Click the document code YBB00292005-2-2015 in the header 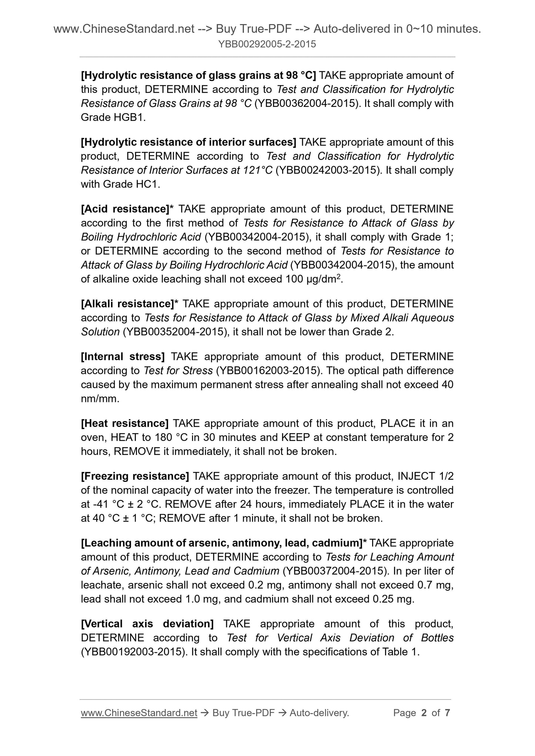pyautogui.click(x=267, y=44)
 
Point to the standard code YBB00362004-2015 pyautogui.click(x=307, y=103)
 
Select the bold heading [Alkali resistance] pyautogui.click(x=130, y=304)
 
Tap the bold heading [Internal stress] pyautogui.click(x=123, y=357)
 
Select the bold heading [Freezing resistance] pyautogui.click(x=135, y=476)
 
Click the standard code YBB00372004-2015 pyautogui.click(x=335, y=571)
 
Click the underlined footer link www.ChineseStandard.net pyautogui.click(x=139, y=713)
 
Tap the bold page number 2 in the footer pyautogui.click(x=424, y=713)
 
